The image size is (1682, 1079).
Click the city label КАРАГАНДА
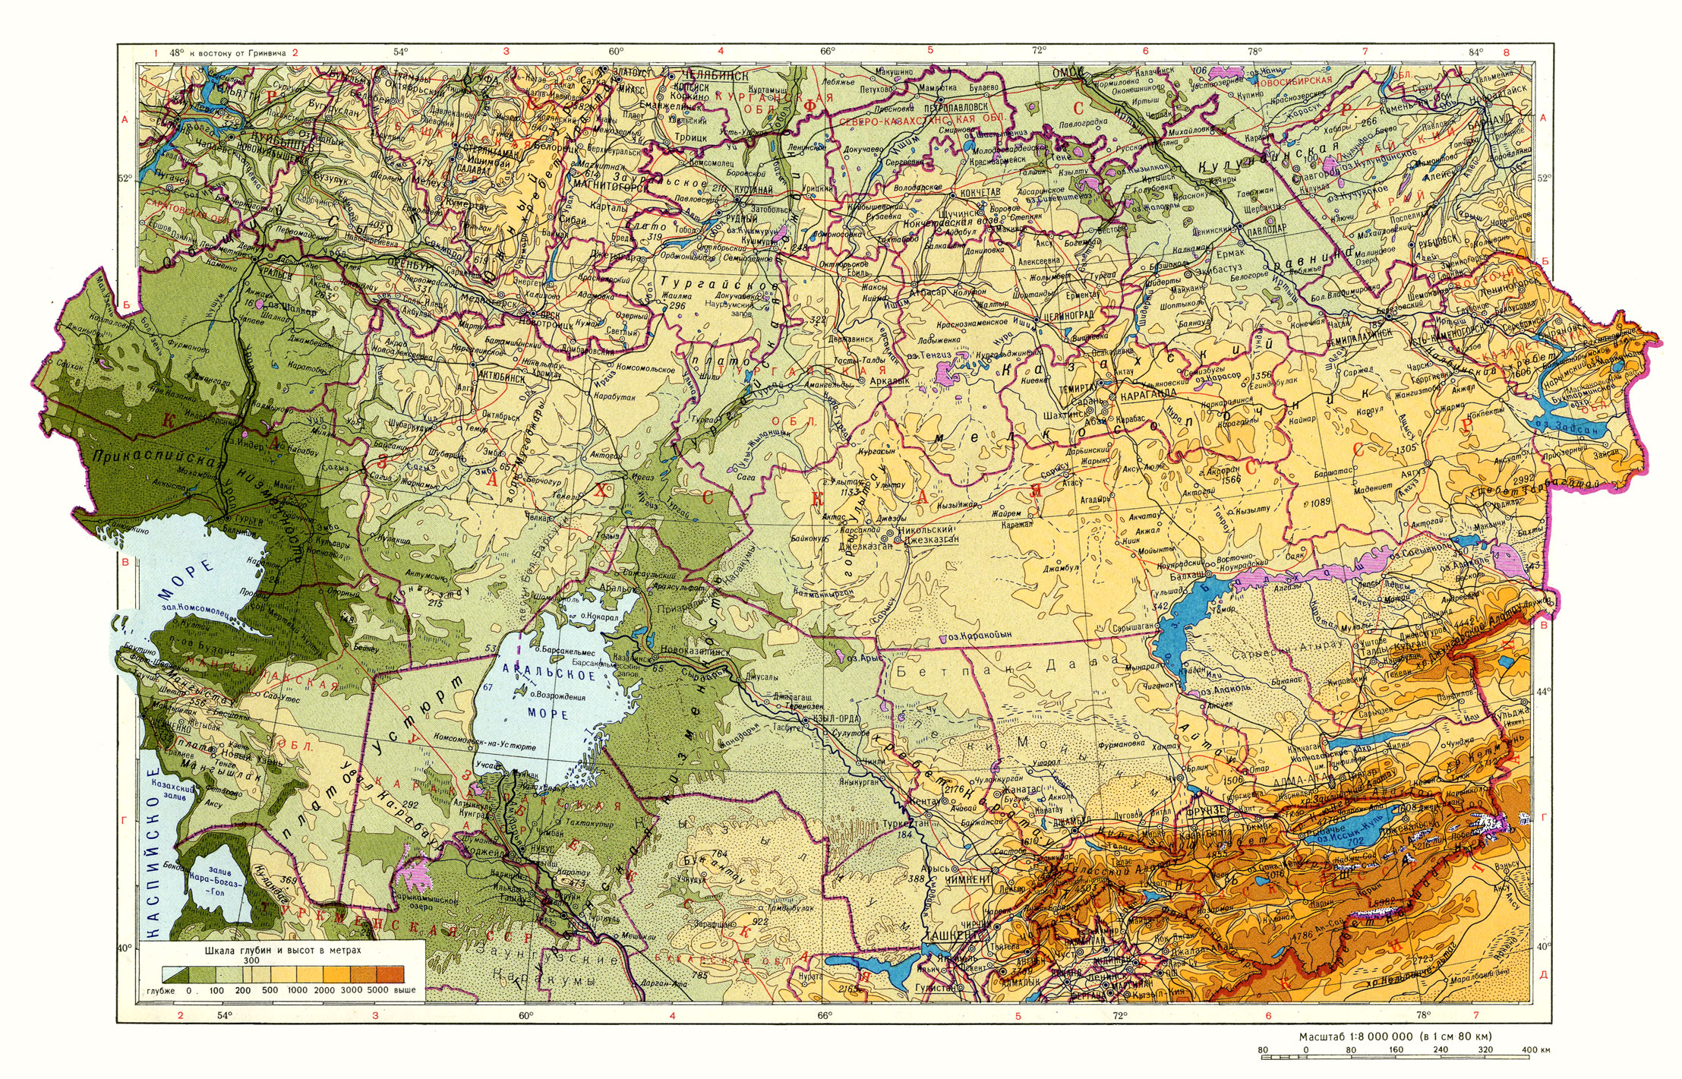[x=1147, y=394]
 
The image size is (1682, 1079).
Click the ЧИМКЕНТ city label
[x=968, y=879]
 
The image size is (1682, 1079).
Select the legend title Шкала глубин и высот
[x=282, y=950]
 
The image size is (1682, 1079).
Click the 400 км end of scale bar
[x=1535, y=1050]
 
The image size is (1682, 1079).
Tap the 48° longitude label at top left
[x=176, y=53]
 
